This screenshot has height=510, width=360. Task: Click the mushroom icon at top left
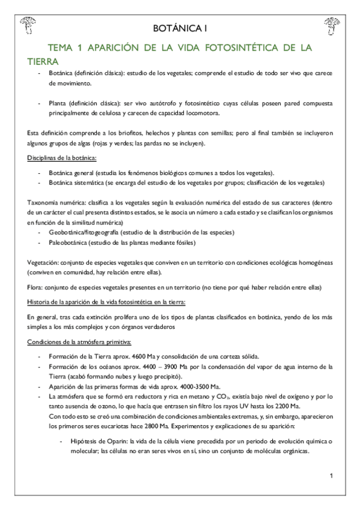pyautogui.click(x=28, y=25)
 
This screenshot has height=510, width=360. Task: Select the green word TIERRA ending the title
pyautogui.click(x=43, y=61)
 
